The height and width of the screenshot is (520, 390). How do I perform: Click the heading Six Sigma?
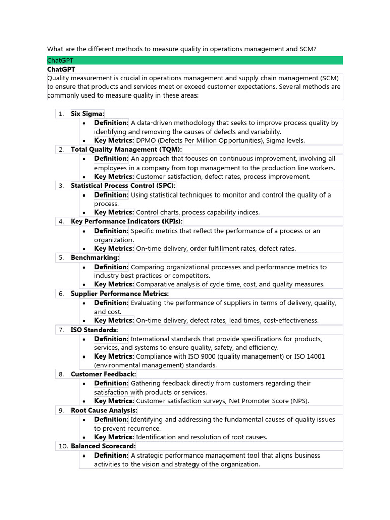pyautogui.click(x=87, y=114)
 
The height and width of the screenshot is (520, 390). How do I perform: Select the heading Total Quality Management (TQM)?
pyautogui.click(x=126, y=150)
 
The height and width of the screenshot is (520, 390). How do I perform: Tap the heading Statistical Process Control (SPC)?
pyautogui.click(x=123, y=186)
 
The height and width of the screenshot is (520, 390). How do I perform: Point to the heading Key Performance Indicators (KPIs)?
pyautogui.click(x=126, y=222)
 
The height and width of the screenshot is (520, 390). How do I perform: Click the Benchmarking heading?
pyautogui.click(x=94, y=258)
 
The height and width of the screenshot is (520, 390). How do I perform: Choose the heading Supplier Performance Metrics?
pyautogui.click(x=119, y=294)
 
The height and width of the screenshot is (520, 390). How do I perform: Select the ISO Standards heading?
pyautogui.click(x=94, y=330)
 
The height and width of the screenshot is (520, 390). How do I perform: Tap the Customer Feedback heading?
pyautogui.click(x=103, y=374)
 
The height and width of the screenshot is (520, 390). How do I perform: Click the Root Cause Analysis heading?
pyautogui.click(x=104, y=410)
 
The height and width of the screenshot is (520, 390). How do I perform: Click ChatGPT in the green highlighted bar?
pyautogui.click(x=60, y=60)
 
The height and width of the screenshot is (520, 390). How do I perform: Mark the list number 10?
pyautogui.click(x=62, y=446)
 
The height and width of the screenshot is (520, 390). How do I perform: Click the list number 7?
pyautogui.click(x=61, y=330)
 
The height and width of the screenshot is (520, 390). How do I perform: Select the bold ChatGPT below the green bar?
pyautogui.click(x=61, y=69)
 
